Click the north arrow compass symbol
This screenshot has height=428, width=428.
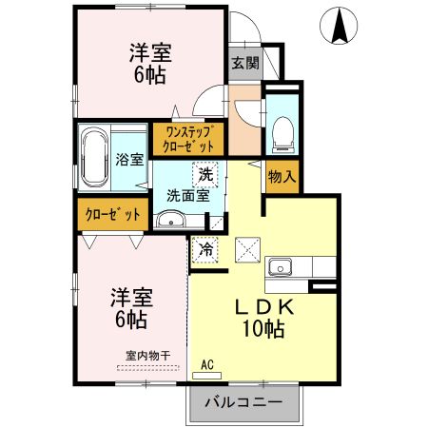click(x=338, y=26)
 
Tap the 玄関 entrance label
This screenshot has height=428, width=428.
click(x=243, y=64)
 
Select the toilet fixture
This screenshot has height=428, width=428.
click(x=282, y=134)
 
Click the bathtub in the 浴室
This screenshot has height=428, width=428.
click(x=95, y=158)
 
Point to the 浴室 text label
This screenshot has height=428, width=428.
click(x=129, y=160)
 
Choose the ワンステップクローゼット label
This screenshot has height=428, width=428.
click(x=194, y=139)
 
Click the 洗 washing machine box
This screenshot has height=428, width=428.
click(x=205, y=174)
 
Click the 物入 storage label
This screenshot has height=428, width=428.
click(x=281, y=176)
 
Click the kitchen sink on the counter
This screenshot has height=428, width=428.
click(x=281, y=265)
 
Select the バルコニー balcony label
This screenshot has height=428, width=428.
click(x=244, y=402)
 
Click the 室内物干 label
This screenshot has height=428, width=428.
click(x=147, y=356)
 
